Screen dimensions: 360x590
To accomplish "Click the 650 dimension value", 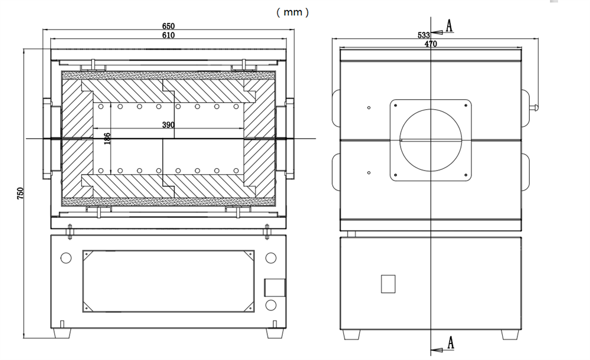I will point(168,27).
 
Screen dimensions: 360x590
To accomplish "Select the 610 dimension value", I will point(168,35).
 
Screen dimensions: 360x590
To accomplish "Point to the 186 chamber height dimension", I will point(107,139).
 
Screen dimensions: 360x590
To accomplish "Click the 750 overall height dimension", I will point(19,193).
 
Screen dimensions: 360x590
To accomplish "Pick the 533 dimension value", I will point(424,35).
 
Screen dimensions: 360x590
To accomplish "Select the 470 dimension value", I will point(431,44).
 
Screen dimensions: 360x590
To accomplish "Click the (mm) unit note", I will point(291,12).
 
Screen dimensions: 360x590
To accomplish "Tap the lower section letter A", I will point(450,342).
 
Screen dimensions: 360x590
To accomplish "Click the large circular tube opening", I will point(431,140).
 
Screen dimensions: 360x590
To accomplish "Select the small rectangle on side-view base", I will point(388,284).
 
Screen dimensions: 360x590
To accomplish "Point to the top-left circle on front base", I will point(66,258).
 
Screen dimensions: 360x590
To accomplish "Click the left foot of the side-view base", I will point(352,333).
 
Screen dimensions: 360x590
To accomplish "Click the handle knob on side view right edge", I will point(536,107).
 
